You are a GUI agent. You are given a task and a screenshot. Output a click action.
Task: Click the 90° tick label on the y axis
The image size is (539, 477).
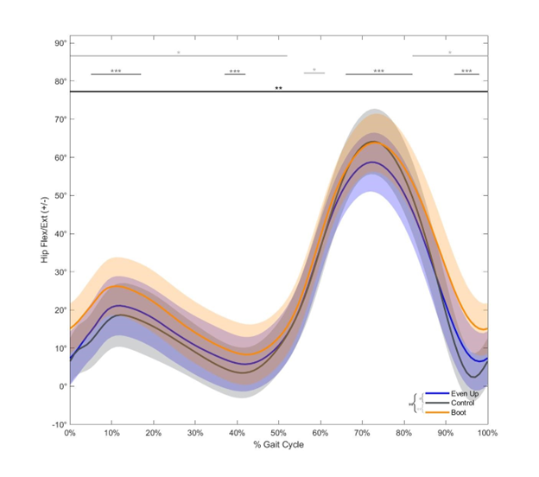click(60, 43)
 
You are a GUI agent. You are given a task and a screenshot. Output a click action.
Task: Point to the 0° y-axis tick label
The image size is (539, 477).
click(62, 386)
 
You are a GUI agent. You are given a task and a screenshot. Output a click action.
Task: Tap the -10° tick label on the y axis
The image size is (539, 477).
click(59, 424)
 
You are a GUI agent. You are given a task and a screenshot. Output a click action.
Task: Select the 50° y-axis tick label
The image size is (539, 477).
click(60, 196)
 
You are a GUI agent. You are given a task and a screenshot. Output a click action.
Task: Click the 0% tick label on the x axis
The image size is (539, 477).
click(70, 433)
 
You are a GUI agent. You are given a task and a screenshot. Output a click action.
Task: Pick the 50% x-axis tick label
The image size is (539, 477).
click(279, 433)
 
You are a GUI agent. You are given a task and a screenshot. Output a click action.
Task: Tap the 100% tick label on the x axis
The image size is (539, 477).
click(487, 433)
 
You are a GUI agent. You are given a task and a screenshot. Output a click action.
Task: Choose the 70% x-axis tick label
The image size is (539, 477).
click(362, 433)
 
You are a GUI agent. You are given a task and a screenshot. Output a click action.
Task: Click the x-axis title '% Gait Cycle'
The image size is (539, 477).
click(278, 445)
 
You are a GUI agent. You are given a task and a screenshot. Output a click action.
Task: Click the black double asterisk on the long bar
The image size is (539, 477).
click(278, 88)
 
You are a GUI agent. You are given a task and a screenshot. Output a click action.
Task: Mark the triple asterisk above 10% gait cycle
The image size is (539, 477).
click(116, 71)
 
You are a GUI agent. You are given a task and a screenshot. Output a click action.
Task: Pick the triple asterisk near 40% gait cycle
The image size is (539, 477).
click(235, 71)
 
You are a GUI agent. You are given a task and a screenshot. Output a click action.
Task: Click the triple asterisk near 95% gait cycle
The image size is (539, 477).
click(466, 71)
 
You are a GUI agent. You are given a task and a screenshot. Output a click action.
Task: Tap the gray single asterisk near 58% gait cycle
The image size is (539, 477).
click(314, 70)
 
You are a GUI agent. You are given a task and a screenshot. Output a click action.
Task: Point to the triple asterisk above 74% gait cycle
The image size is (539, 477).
click(379, 71)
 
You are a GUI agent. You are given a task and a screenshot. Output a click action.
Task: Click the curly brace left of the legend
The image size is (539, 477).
click(415, 403)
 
